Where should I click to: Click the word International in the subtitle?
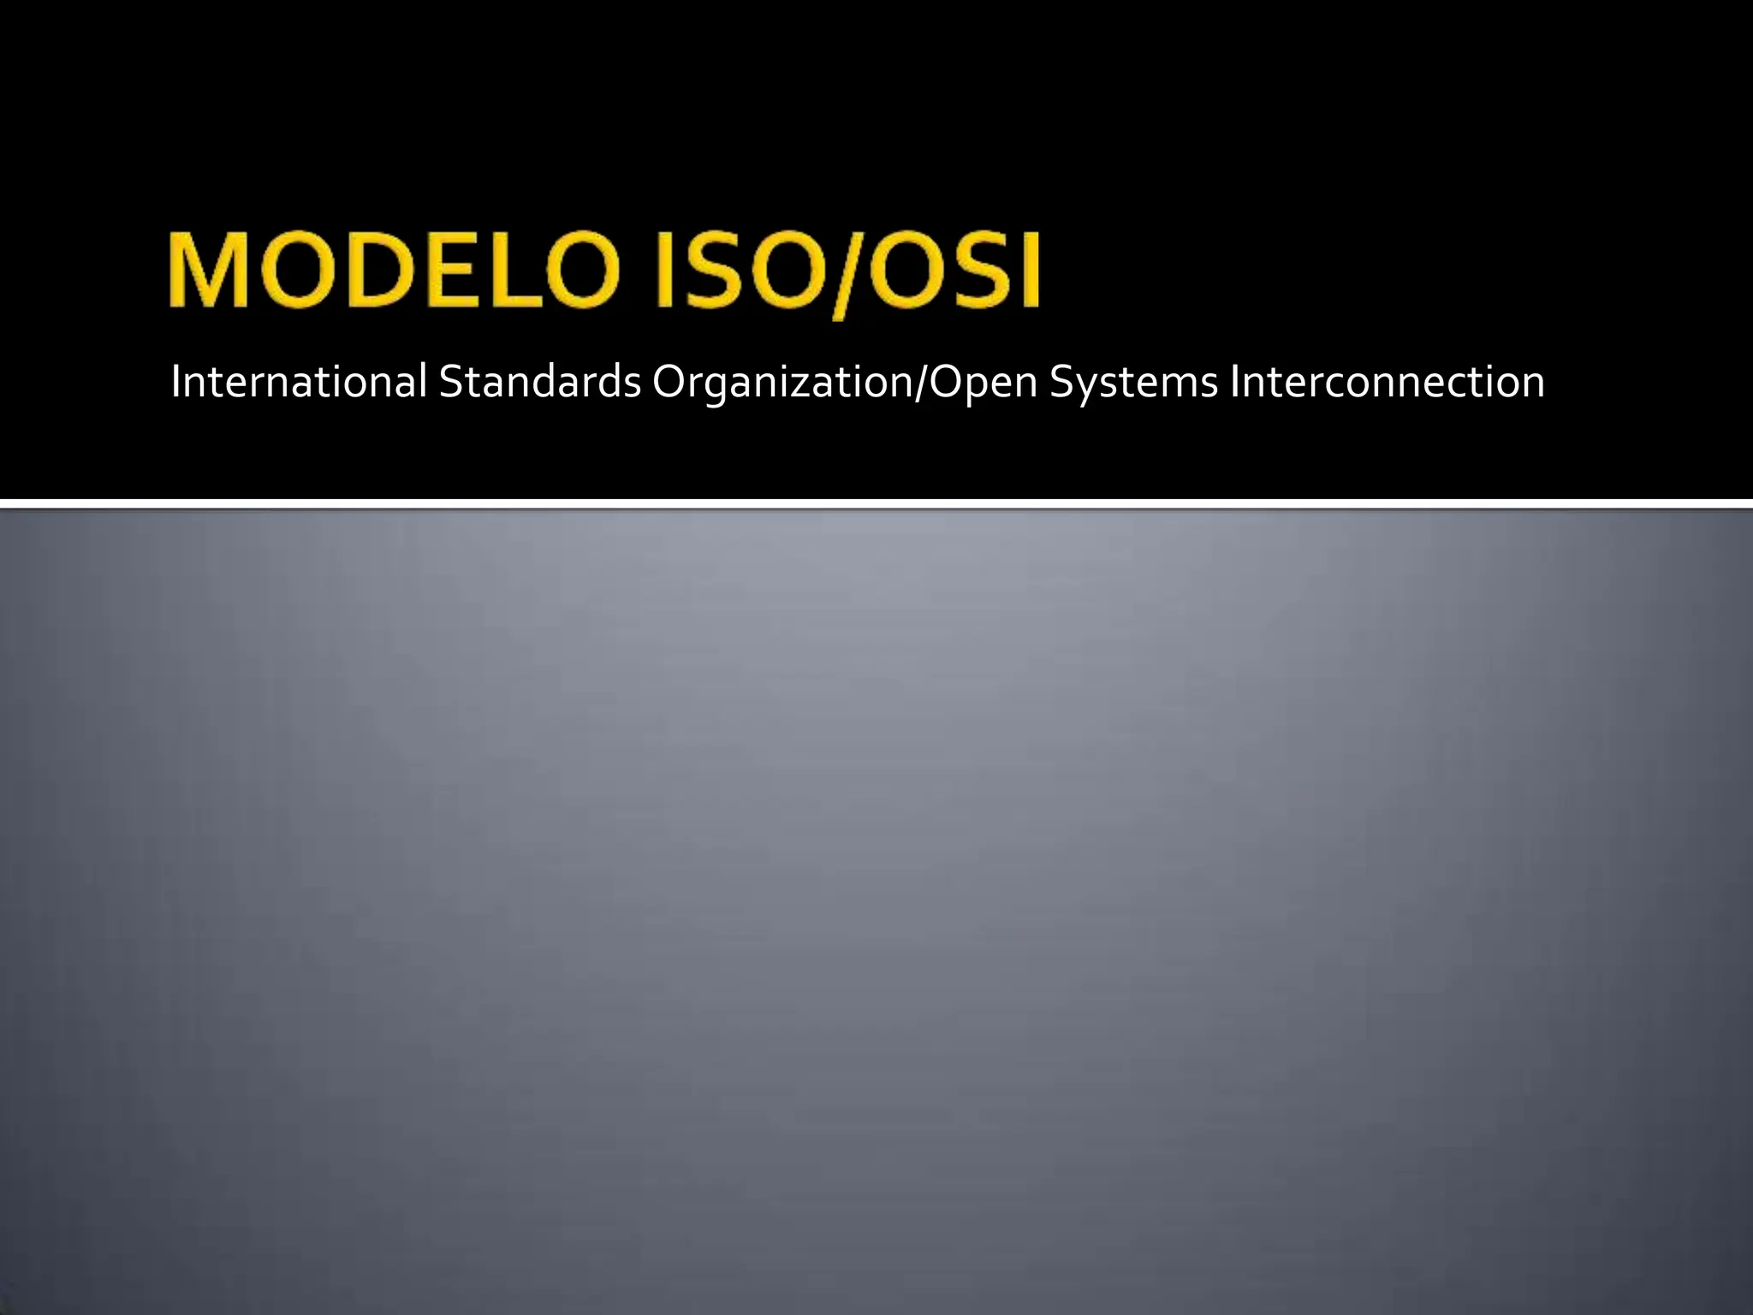tap(298, 382)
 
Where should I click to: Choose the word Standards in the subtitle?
tap(539, 382)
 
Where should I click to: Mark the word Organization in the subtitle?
tap(783, 382)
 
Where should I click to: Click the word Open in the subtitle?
tap(983, 382)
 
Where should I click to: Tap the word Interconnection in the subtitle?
tap(1387, 382)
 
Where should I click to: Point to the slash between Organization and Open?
tap(922, 382)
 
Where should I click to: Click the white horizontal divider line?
tap(876, 503)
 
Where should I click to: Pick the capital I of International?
tap(176, 382)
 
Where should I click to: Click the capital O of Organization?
tap(669, 382)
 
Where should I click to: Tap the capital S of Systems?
tap(1061, 382)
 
